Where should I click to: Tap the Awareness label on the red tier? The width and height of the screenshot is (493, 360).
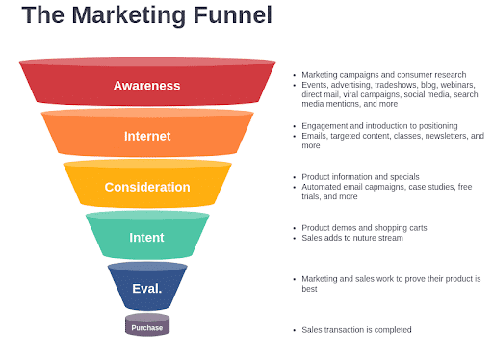(146, 86)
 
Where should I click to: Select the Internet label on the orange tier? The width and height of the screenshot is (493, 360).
(146, 136)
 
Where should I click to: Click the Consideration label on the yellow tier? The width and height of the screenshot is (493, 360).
(146, 187)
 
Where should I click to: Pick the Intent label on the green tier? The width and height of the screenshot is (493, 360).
(146, 237)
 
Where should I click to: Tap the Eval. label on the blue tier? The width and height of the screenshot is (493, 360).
(146, 288)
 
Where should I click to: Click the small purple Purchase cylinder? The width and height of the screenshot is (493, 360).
(147, 327)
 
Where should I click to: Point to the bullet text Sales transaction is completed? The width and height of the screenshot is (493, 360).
(356, 329)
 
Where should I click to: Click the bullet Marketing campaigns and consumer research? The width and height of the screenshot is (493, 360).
(383, 74)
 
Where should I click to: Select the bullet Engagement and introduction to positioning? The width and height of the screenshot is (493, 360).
(378, 126)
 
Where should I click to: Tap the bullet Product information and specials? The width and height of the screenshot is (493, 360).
(361, 177)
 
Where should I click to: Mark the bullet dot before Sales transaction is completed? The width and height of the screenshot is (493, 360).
(294, 329)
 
